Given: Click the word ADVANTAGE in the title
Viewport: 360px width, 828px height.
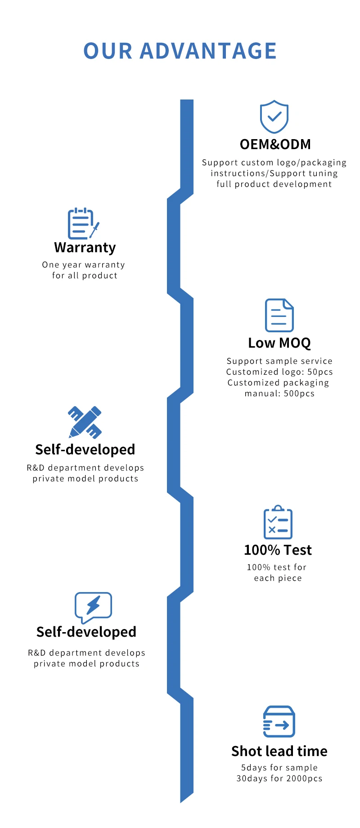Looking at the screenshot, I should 208,51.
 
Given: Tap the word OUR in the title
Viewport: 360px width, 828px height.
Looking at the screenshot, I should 108,51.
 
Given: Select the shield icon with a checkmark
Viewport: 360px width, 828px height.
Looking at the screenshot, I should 274,117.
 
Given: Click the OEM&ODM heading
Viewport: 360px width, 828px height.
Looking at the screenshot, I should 275,145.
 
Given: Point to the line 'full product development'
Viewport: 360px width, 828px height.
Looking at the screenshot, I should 274,184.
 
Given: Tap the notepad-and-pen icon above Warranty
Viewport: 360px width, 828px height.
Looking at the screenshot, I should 83,223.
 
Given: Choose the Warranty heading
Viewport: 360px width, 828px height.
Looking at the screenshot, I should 85,248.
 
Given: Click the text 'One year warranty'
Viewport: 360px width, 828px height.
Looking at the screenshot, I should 84,265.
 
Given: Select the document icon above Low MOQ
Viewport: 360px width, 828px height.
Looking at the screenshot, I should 279,315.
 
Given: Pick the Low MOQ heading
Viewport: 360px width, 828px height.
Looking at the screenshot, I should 279,343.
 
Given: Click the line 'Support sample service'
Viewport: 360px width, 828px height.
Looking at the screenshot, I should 279,361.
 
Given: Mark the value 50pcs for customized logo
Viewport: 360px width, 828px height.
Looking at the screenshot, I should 320,372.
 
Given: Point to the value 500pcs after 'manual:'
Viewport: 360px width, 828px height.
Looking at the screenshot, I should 299,394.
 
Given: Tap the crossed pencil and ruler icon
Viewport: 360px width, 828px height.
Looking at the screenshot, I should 85,422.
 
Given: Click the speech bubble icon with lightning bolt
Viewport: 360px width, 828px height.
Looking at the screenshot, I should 93,607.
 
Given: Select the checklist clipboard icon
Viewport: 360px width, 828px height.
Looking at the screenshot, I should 278,522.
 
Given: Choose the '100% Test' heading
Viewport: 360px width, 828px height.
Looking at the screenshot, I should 278,550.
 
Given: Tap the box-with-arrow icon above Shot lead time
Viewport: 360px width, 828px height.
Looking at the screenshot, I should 279,721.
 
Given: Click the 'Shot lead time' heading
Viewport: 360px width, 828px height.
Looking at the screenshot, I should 279,751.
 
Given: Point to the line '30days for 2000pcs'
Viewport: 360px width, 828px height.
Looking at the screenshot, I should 279,778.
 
